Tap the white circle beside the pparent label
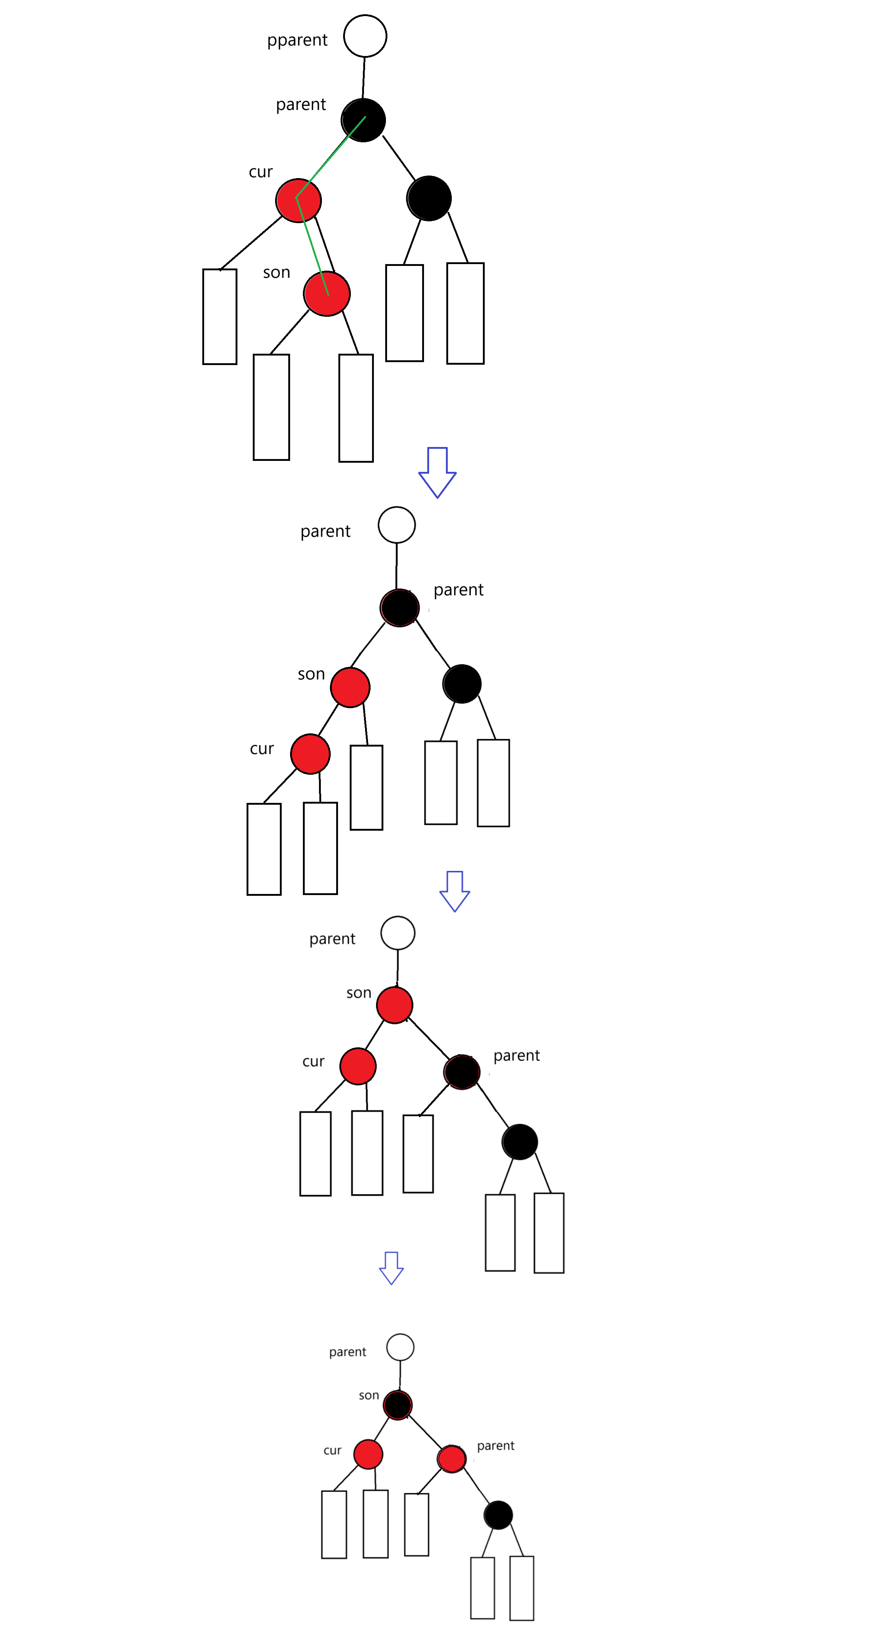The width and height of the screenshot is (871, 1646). (365, 36)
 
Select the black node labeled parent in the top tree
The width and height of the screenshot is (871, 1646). (363, 120)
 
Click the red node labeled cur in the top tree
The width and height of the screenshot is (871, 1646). (299, 200)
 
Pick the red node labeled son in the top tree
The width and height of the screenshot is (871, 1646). (327, 293)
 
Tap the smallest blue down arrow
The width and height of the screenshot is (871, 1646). (391, 1268)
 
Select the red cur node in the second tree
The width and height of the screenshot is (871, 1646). (310, 754)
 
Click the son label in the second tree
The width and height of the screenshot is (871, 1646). (311, 674)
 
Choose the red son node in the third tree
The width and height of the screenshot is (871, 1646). (394, 1004)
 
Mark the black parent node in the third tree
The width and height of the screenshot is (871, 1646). (461, 1072)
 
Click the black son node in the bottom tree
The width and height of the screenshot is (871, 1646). (398, 1405)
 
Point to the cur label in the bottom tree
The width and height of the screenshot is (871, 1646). (332, 1450)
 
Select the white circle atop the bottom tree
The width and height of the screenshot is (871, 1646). (400, 1347)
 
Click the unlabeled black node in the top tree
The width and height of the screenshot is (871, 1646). (429, 198)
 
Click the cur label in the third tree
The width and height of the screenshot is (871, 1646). (313, 1062)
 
